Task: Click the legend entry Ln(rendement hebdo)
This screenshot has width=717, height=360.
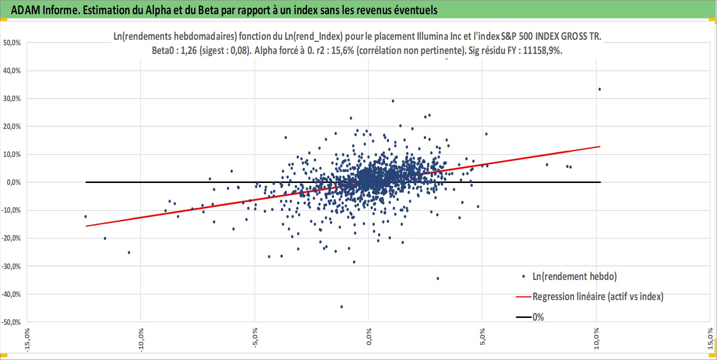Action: click(x=575, y=276)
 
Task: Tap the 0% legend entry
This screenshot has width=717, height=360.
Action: click(x=538, y=317)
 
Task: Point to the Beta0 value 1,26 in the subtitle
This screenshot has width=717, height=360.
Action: click(x=193, y=51)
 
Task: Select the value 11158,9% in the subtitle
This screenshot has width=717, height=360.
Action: click(x=540, y=51)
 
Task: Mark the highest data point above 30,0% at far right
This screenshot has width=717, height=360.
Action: click(x=599, y=89)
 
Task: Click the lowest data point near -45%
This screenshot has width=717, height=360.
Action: click(x=341, y=306)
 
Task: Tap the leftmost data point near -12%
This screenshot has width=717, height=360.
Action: click(x=86, y=216)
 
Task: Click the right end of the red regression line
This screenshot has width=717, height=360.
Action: click(x=599, y=146)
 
